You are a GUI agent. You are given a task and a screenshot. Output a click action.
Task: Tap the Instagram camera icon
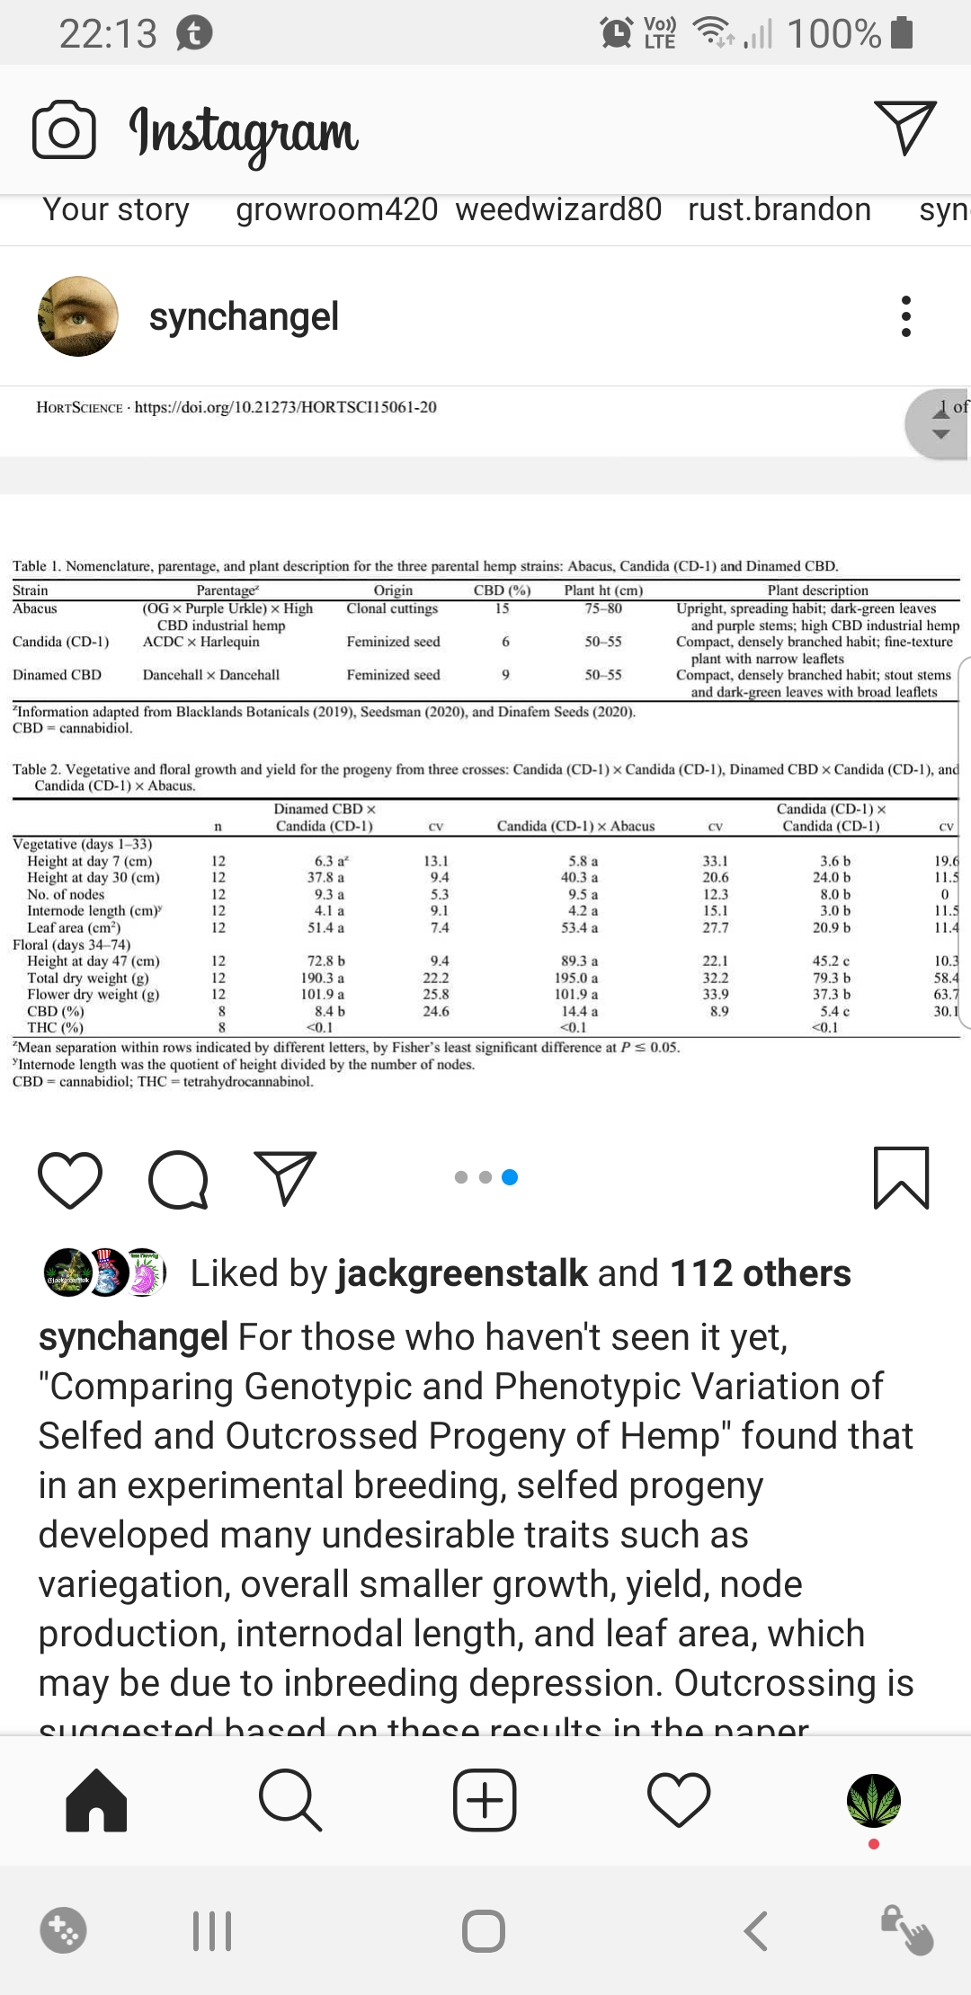pyautogui.click(x=64, y=131)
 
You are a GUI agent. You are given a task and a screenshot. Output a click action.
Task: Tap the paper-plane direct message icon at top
pyautogui.click(x=904, y=128)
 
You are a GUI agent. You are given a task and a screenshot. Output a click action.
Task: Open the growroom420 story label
pyautogui.click(x=336, y=209)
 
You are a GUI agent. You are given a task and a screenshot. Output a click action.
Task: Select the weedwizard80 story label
pyautogui.click(x=558, y=209)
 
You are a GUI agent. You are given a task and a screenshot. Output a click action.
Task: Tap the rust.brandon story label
pyautogui.click(x=779, y=209)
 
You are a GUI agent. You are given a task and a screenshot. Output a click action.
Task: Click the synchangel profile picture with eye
pyautogui.click(x=78, y=316)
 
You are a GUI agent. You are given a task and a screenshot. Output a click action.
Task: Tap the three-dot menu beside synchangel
pyautogui.click(x=905, y=316)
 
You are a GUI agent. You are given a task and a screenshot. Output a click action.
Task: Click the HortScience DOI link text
pyautogui.click(x=285, y=407)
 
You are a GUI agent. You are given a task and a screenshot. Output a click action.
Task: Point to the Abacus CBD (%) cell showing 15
pyautogui.click(x=502, y=608)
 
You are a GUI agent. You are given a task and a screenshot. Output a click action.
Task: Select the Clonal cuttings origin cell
pyautogui.click(x=392, y=608)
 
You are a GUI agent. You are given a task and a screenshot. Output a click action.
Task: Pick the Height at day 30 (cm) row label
pyautogui.click(x=94, y=877)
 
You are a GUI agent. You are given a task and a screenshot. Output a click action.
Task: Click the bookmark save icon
pyautogui.click(x=901, y=1178)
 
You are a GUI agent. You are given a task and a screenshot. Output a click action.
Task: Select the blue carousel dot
pyautogui.click(x=510, y=1177)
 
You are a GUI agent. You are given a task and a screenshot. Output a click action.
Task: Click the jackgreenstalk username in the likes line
pyautogui.click(x=462, y=1273)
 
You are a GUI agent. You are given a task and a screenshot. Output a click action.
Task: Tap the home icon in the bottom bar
pyautogui.click(x=96, y=1800)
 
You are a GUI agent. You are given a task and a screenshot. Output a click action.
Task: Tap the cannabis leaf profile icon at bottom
pyautogui.click(x=873, y=1800)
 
